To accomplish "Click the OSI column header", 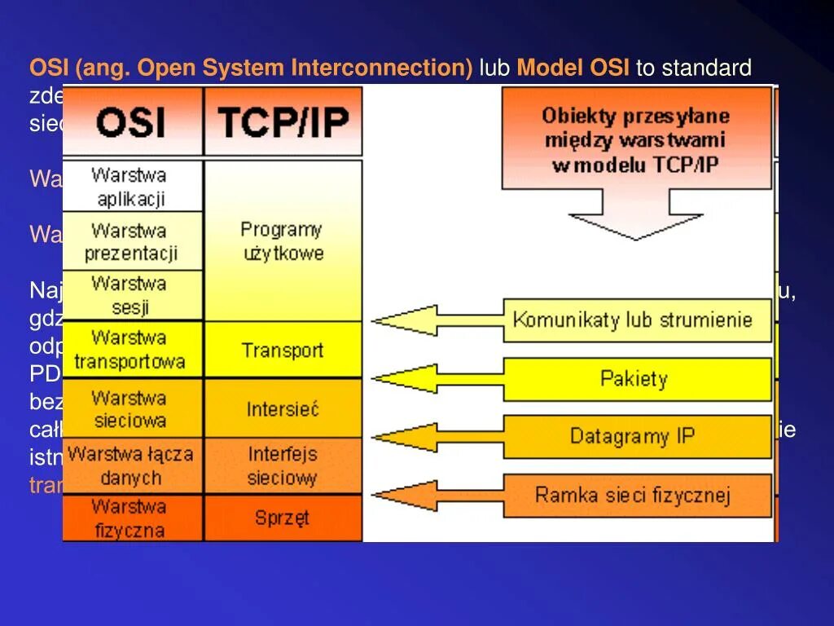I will coord(132,122).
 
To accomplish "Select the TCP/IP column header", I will coord(283,122).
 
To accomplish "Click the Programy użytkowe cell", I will coord(283,240).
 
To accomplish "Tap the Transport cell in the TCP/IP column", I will coord(283,350).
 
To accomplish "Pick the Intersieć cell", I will coord(283,408).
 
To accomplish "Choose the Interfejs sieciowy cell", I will coord(283,465).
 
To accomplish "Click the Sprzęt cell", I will coord(283,517).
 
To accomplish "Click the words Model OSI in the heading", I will coord(573,68).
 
